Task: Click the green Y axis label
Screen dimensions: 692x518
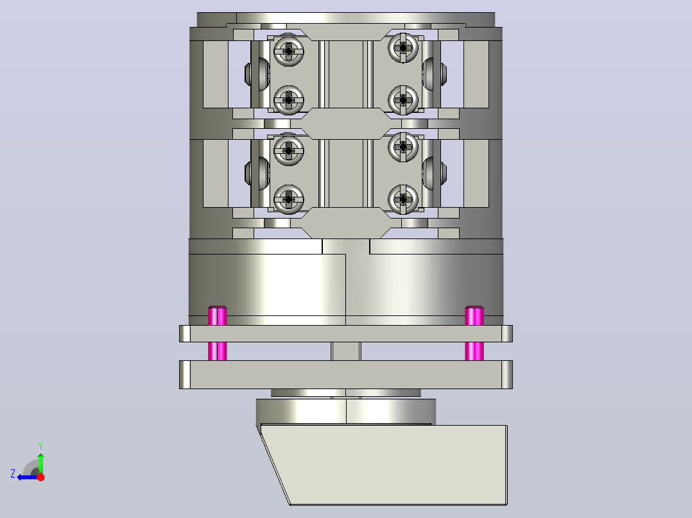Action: [40, 446]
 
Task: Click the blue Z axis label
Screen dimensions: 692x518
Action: [13, 474]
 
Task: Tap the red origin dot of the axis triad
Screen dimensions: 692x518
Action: [40, 476]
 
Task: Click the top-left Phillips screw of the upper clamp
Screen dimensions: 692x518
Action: [289, 51]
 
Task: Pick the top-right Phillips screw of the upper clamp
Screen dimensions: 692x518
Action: [403, 47]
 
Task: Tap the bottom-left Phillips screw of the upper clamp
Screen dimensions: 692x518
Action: [289, 100]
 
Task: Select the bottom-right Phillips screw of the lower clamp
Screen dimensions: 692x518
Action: [403, 199]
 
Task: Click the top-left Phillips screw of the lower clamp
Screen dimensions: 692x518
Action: [289, 151]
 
